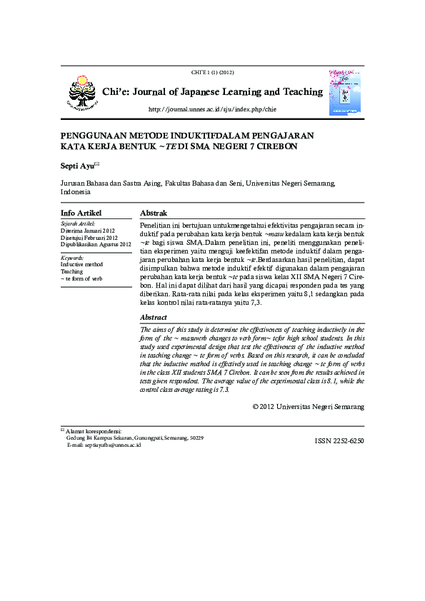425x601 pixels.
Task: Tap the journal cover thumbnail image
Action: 345,92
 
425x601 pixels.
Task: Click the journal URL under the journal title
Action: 211,109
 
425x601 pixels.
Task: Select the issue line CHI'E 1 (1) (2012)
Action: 212,73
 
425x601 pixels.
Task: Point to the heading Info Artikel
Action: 81,213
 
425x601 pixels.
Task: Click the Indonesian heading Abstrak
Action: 154,213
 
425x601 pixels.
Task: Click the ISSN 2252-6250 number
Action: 339,441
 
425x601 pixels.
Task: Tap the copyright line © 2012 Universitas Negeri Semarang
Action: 309,406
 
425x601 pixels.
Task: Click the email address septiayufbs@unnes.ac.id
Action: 113,445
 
